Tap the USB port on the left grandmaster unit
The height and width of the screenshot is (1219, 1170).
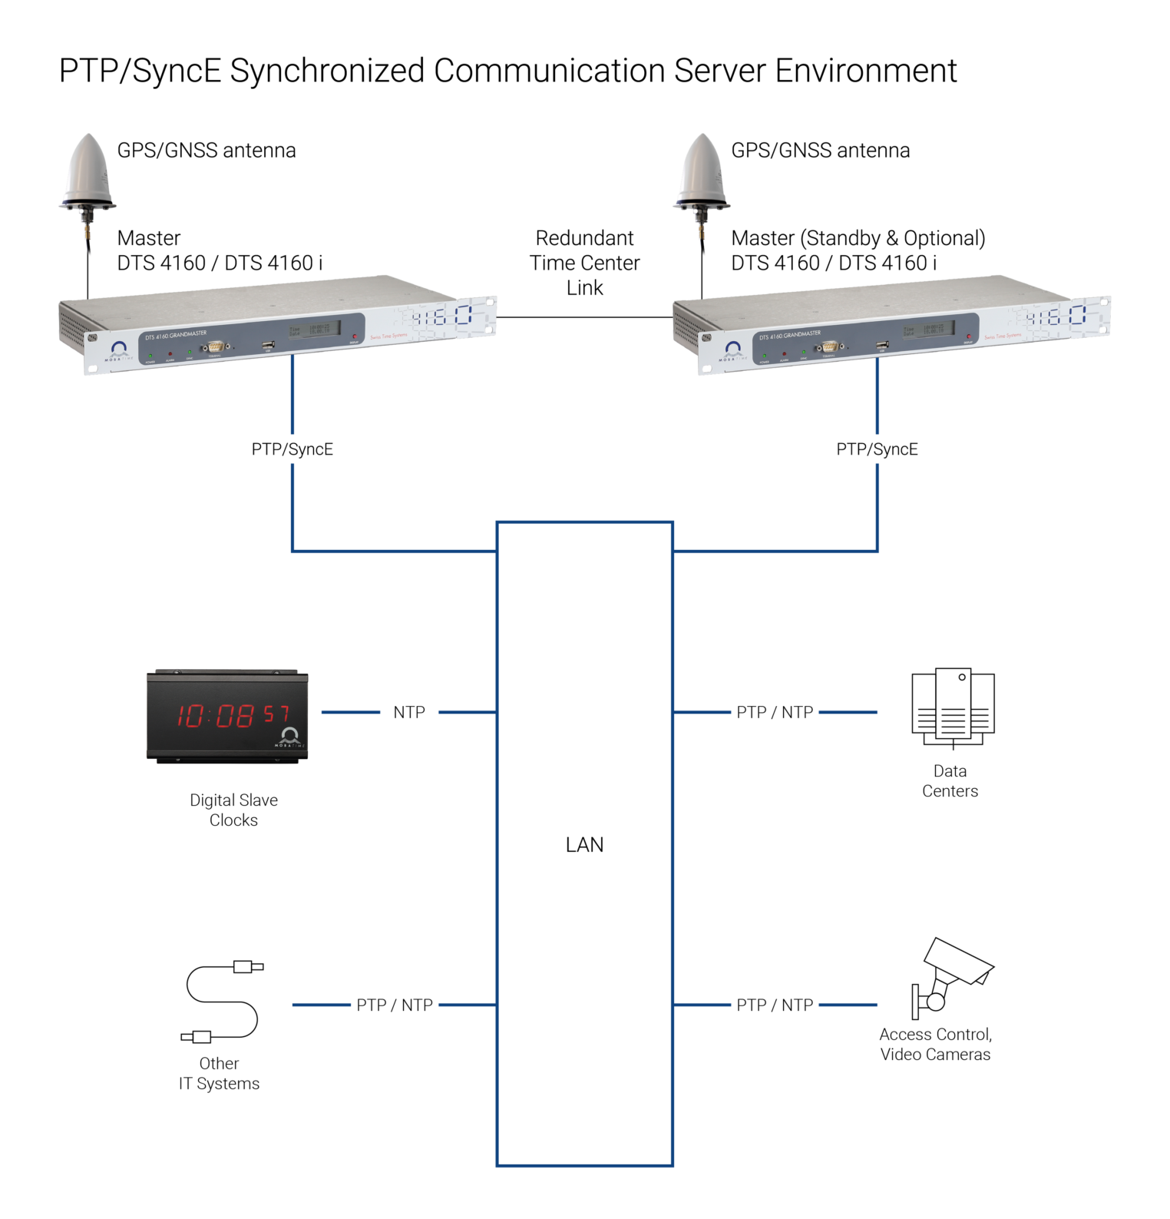(x=268, y=346)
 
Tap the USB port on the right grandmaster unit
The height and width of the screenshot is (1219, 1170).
(x=882, y=346)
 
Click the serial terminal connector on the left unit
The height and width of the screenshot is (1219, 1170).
(x=214, y=347)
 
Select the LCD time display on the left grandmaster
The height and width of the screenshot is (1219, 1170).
(x=314, y=330)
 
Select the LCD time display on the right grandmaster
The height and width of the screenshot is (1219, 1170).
(x=928, y=330)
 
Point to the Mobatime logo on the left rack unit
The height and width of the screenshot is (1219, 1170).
(x=119, y=351)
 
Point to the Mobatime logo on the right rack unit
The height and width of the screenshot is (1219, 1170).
(x=733, y=351)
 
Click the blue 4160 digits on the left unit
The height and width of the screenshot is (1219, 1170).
(x=441, y=316)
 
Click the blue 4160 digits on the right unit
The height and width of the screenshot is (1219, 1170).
(x=1056, y=316)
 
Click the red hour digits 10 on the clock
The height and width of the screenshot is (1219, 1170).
(x=190, y=716)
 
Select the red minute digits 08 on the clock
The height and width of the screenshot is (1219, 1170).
(x=234, y=716)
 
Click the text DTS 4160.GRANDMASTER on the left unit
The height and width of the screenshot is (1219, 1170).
(x=176, y=335)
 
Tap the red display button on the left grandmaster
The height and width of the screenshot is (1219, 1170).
(x=355, y=336)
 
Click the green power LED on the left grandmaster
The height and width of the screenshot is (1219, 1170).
(x=150, y=356)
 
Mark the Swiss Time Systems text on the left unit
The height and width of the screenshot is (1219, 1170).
(x=388, y=336)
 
